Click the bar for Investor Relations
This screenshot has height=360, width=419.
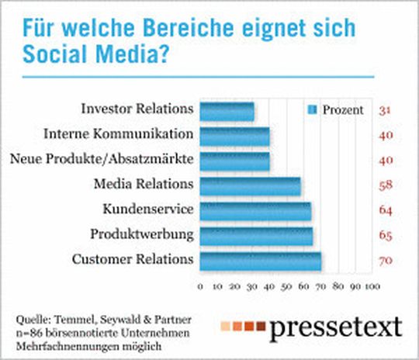pos(227,112)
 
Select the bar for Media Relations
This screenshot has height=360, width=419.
pos(250,186)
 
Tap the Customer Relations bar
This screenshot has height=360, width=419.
pos(260,261)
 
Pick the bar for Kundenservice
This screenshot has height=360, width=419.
pos(255,211)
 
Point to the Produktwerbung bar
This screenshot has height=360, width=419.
pos(256,236)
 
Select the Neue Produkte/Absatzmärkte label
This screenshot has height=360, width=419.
pos(101,159)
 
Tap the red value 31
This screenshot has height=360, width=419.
pos(385,111)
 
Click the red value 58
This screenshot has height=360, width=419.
pos(386,185)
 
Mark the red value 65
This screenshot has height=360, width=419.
pos(386,235)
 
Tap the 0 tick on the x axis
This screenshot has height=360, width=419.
pos(200,287)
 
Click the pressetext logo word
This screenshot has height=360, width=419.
pos(335,327)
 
